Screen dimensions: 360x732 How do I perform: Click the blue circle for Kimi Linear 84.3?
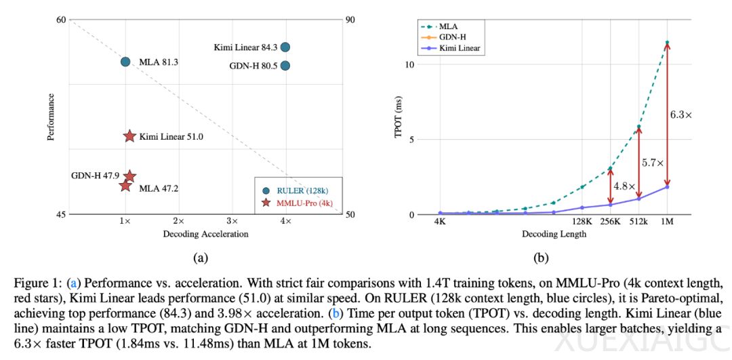[285, 47]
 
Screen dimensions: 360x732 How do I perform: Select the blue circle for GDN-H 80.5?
[285, 66]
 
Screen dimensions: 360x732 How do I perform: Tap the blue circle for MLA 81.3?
[125, 62]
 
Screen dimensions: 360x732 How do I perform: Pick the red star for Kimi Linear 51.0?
[129, 136]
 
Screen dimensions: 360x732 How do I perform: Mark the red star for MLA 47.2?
[125, 186]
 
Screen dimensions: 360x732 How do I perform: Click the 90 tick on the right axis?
[350, 20]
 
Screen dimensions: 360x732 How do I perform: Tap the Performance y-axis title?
[50, 117]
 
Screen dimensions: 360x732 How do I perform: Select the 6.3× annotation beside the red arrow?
[681, 115]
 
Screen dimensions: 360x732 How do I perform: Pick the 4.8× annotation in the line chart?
[624, 186]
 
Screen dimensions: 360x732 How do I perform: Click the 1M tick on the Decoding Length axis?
[667, 222]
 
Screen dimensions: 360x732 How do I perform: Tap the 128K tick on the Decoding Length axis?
[582, 222]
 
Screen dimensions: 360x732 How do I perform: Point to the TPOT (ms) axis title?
[399, 118]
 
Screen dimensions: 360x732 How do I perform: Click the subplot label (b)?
[541, 257]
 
